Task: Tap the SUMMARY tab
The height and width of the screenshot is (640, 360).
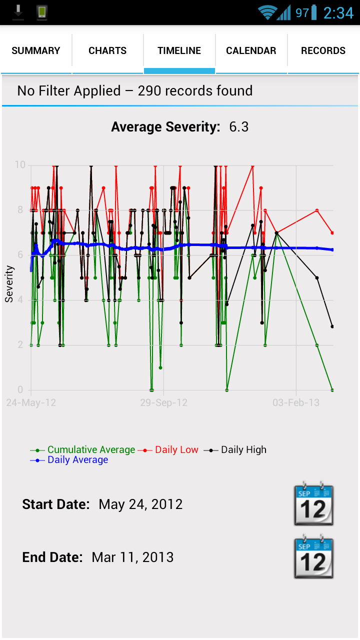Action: pyautogui.click(x=36, y=50)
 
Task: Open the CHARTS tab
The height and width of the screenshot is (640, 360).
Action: pyautogui.click(x=107, y=50)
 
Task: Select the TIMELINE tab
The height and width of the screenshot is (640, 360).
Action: pyautogui.click(x=179, y=50)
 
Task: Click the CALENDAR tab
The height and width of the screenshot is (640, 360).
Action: pyautogui.click(x=251, y=50)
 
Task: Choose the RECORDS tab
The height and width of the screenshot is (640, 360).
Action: pyautogui.click(x=323, y=50)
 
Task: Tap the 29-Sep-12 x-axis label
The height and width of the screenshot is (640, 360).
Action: pyautogui.click(x=163, y=403)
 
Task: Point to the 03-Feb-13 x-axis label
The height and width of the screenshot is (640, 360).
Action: pyautogui.click(x=296, y=403)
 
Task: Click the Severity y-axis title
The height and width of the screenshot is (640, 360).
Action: pyautogui.click(x=9, y=284)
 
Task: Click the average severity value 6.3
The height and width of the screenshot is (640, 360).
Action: pyautogui.click(x=239, y=127)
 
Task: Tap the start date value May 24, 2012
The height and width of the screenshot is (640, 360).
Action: pyautogui.click(x=140, y=504)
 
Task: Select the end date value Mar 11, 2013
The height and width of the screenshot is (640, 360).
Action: pyautogui.click(x=132, y=557)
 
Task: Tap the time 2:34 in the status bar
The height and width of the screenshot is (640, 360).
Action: pyautogui.click(x=338, y=13)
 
